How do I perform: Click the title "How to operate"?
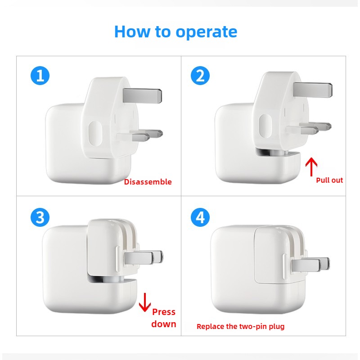click(x=175, y=31)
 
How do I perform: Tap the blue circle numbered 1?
click(x=40, y=75)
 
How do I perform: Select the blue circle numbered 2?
click(x=200, y=75)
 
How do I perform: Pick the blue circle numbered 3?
click(x=40, y=217)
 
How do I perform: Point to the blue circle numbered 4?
click(x=200, y=217)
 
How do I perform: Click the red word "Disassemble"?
click(x=148, y=182)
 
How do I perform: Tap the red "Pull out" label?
click(x=329, y=180)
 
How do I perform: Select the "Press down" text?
click(x=164, y=318)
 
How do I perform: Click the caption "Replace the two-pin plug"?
click(x=240, y=326)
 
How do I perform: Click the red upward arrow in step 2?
click(x=310, y=167)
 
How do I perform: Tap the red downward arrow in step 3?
click(x=144, y=302)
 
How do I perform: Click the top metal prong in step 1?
click(x=141, y=94)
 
